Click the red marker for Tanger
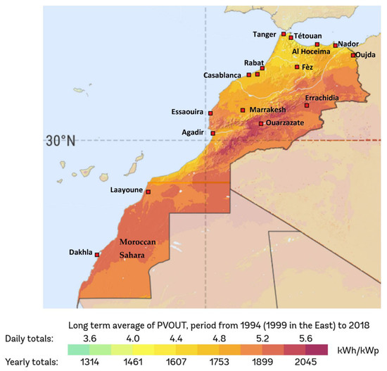(284, 33)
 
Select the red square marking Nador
(336, 44)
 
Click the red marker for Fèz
(298, 67)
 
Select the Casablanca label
(222, 75)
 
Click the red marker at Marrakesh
(243, 110)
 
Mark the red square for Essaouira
(210, 113)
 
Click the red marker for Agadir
(213, 132)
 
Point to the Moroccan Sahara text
(146, 247)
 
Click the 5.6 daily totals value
(304, 338)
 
